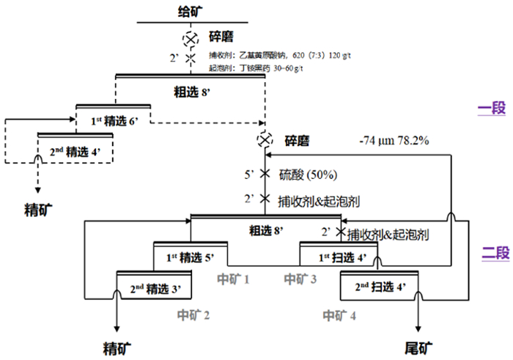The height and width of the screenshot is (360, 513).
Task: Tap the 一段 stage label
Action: [491, 109]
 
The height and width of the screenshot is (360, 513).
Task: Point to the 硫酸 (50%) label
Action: [307, 176]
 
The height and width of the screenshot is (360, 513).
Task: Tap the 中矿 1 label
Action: [234, 279]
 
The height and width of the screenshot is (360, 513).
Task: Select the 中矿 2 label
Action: [193, 315]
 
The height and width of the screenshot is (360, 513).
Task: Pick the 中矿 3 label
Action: [300, 279]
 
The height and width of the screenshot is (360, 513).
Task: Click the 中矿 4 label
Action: [339, 316]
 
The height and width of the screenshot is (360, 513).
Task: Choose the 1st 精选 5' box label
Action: [191, 257]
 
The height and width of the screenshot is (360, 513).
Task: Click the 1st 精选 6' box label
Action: [114, 120]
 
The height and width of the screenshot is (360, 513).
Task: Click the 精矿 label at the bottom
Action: [117, 347]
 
